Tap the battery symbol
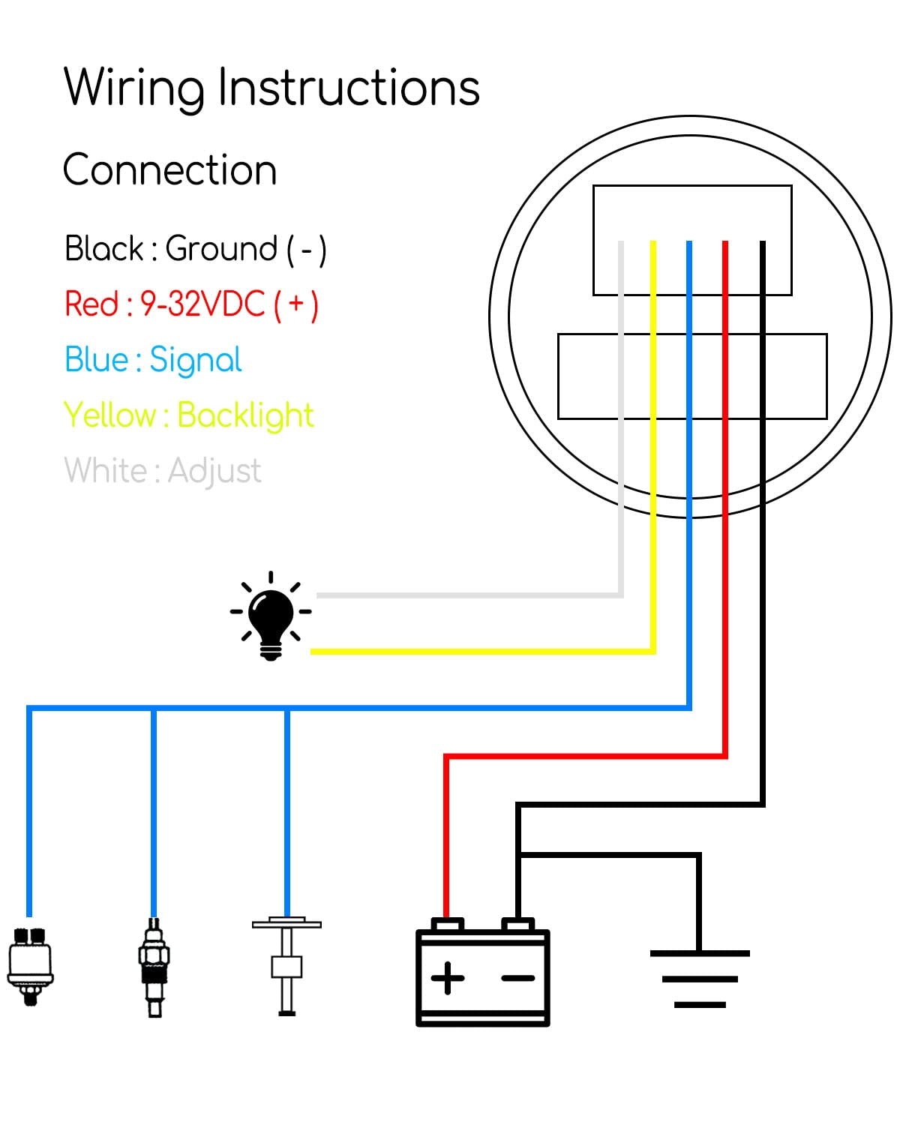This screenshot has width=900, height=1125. [482, 975]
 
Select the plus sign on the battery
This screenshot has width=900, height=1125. [448, 978]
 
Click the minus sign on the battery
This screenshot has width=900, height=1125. [517, 978]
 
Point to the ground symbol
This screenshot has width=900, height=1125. [700, 978]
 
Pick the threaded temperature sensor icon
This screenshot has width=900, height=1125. [154, 967]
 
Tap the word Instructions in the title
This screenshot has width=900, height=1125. [349, 88]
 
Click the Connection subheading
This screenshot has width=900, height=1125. [169, 170]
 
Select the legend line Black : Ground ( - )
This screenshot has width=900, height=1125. [195, 249]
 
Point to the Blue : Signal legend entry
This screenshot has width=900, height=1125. [153, 360]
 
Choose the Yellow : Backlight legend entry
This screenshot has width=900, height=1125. [188, 415]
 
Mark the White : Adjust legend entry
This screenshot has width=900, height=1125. [163, 471]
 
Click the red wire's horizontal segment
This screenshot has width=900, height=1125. [585, 757]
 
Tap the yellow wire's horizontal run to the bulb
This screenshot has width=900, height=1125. [480, 651]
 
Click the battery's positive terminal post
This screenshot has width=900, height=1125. [448, 924]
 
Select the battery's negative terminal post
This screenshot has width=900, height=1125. [517, 924]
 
